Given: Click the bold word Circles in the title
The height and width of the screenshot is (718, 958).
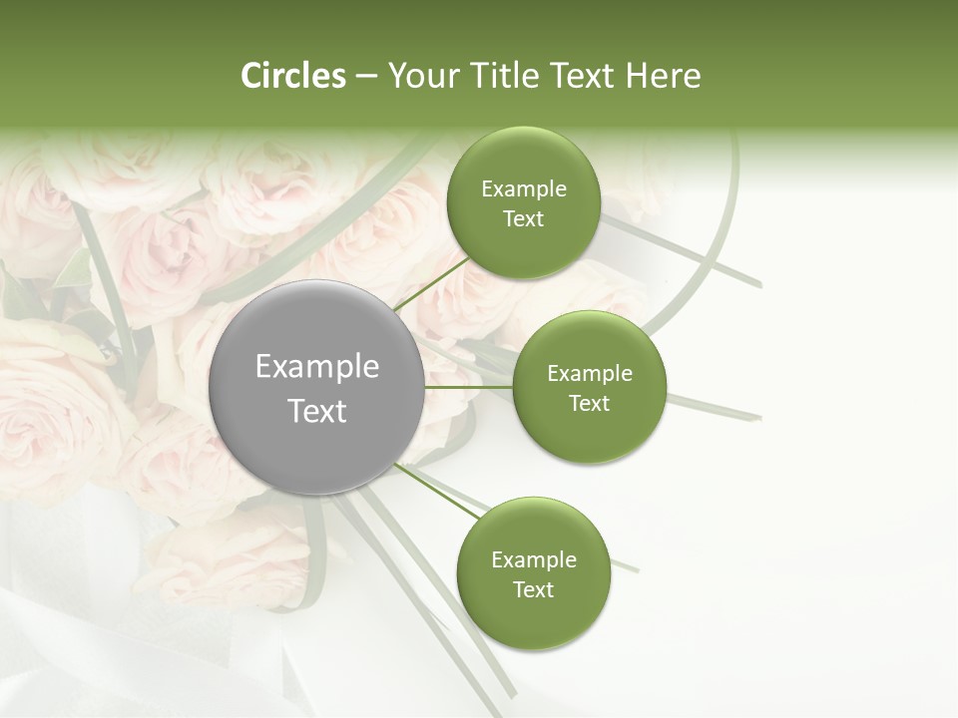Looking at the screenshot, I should (x=292, y=76).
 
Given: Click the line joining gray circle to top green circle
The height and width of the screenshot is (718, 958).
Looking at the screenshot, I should (x=431, y=282).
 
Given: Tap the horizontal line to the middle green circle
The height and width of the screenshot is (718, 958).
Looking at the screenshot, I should (x=469, y=387).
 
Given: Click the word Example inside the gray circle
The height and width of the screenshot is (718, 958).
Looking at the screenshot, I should (x=317, y=367).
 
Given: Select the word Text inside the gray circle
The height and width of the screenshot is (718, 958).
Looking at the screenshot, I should (x=317, y=411).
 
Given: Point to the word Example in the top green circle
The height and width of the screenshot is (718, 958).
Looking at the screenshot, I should (x=524, y=189).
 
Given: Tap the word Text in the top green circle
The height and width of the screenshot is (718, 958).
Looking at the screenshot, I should (x=524, y=219).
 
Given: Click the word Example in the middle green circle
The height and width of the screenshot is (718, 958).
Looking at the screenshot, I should (x=590, y=374).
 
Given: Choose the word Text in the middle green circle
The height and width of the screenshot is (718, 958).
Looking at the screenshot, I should (x=590, y=404).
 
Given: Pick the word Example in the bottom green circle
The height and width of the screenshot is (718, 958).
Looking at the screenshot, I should (x=534, y=560).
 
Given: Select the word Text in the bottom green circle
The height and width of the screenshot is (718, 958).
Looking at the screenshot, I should (x=534, y=590).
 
